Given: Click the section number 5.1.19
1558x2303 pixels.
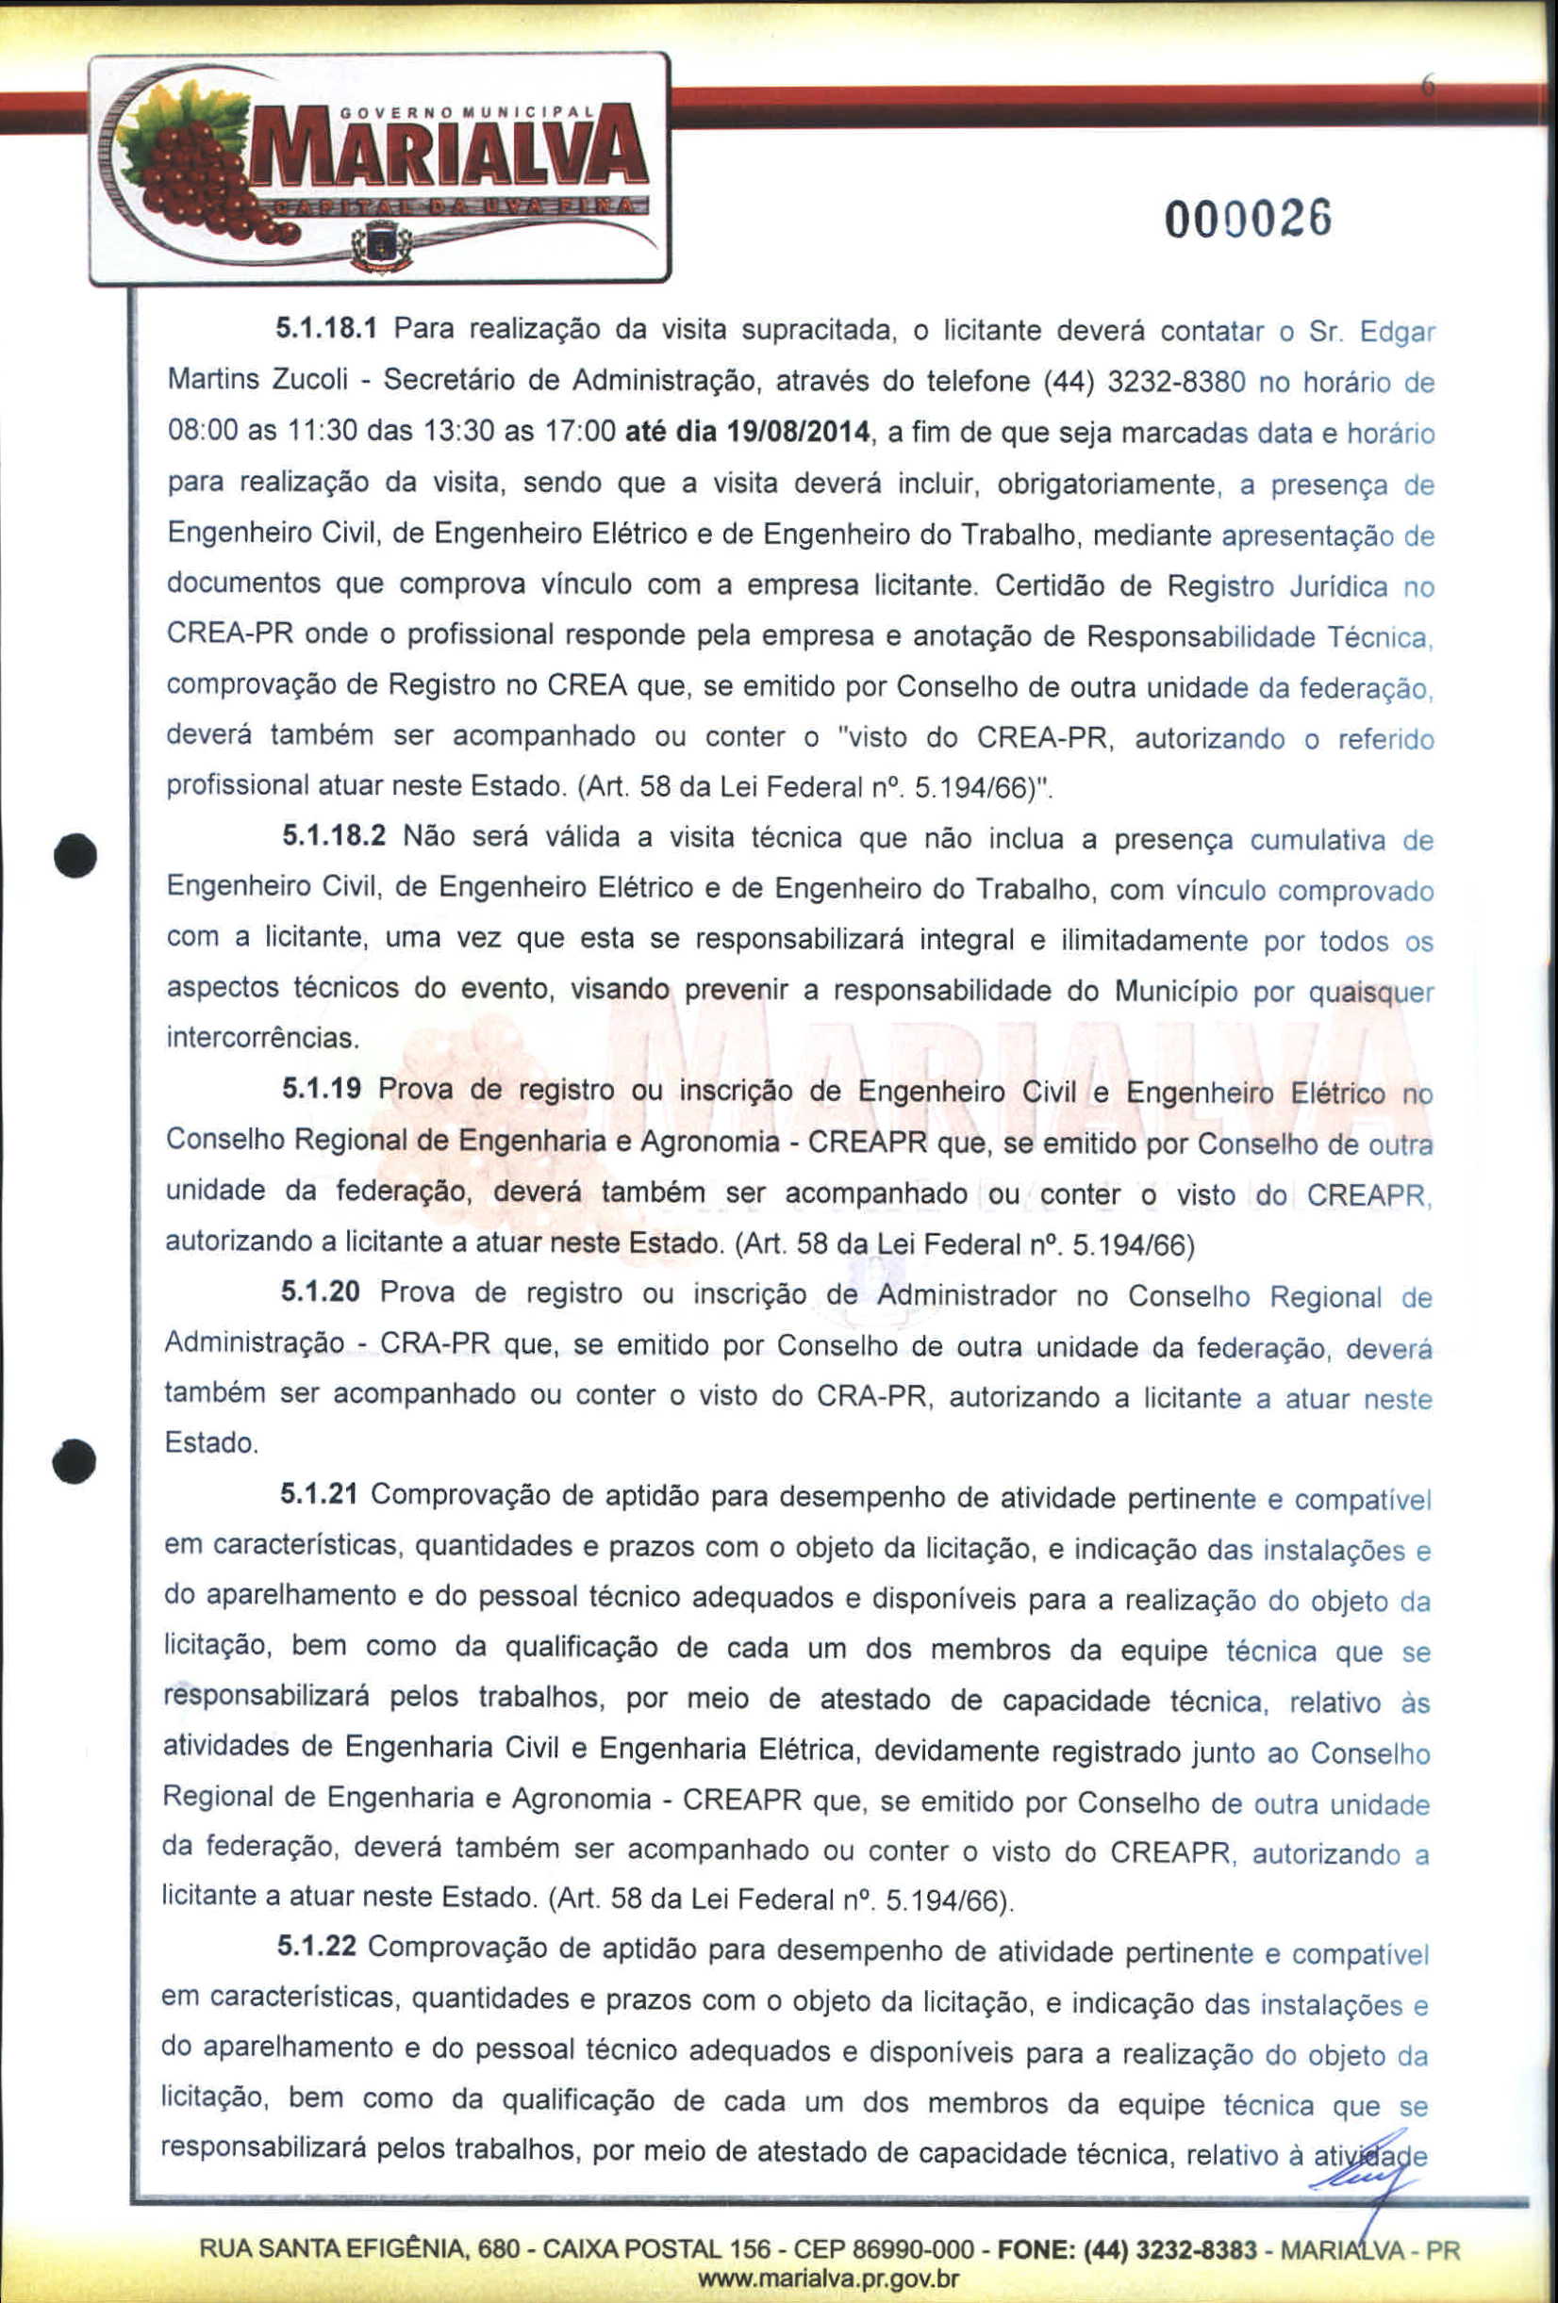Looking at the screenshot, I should (x=321, y=1089).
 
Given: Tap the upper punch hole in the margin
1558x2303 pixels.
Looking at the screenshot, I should (x=75, y=855).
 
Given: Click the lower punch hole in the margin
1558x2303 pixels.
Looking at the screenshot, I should (x=75, y=1458).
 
